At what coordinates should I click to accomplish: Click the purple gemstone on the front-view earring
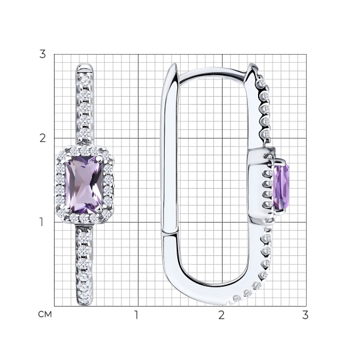point(84,185)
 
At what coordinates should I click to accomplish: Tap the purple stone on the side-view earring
point(281,187)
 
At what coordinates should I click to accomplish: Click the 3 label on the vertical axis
point(43,54)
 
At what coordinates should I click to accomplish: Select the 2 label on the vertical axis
point(43,138)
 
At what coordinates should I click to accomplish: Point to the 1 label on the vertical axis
point(41,222)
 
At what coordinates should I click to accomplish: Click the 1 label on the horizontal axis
point(137,315)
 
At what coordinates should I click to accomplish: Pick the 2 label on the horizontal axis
point(221,315)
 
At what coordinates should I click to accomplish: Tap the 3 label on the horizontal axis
point(305,315)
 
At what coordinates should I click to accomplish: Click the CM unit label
point(45,315)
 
